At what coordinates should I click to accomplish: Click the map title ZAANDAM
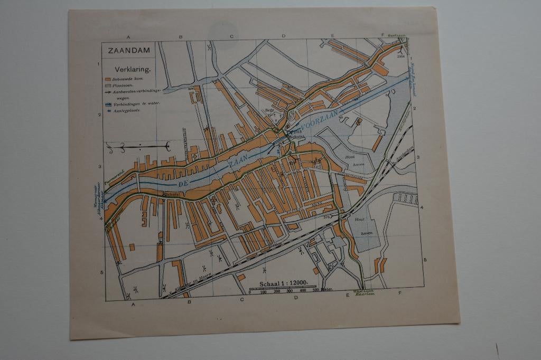click(x=129, y=51)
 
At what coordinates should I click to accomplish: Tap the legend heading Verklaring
click(x=133, y=69)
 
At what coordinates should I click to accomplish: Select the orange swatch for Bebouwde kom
click(x=107, y=78)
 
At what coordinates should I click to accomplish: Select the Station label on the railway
click(x=276, y=244)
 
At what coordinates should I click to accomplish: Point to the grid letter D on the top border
click(x=283, y=36)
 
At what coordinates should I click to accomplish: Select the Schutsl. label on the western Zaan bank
click(x=174, y=194)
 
